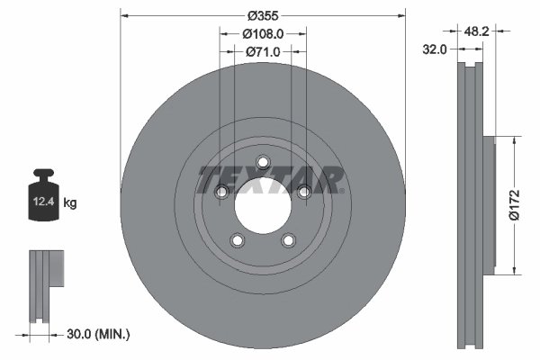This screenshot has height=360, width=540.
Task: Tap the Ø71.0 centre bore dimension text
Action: click(x=264, y=52)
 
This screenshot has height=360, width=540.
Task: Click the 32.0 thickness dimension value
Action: click(x=436, y=50)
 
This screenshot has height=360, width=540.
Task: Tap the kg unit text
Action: click(x=70, y=203)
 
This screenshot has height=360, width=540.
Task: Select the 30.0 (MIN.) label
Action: click(x=99, y=335)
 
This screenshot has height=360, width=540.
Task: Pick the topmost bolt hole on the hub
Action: click(x=263, y=163)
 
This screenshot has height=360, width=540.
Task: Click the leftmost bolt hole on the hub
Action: click(x=221, y=192)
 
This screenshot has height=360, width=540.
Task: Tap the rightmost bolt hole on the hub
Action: click(x=303, y=192)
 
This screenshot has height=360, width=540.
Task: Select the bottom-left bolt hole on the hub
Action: click(x=238, y=240)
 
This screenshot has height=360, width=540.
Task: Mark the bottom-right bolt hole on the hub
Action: click(x=288, y=240)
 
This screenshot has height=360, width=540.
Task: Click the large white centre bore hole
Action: click(x=263, y=207)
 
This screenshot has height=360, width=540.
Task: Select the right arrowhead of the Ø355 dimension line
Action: click(x=400, y=15)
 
